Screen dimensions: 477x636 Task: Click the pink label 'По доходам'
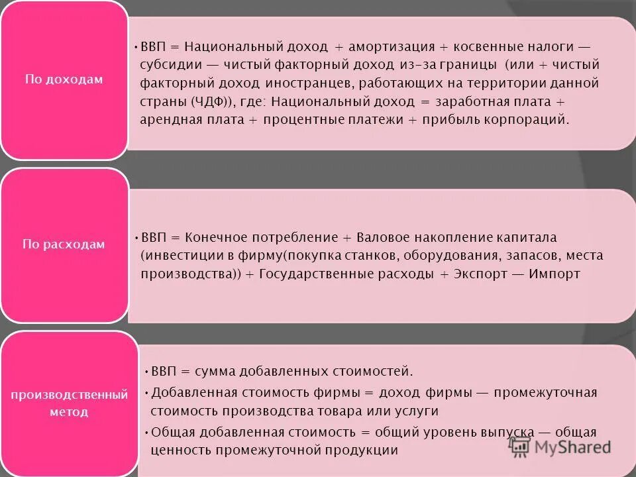pos(64,79)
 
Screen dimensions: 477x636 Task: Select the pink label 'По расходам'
pos(64,244)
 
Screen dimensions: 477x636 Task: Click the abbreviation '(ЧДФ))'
pos(216,101)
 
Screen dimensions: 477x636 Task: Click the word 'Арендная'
pos(168,120)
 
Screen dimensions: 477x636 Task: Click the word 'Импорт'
pos(555,274)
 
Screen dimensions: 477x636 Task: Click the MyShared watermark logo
pos(560,447)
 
